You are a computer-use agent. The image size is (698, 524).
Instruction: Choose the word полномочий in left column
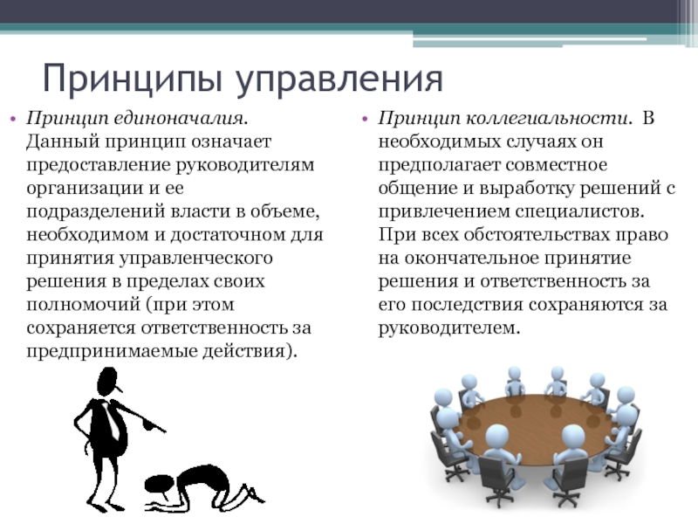coord(84,305)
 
